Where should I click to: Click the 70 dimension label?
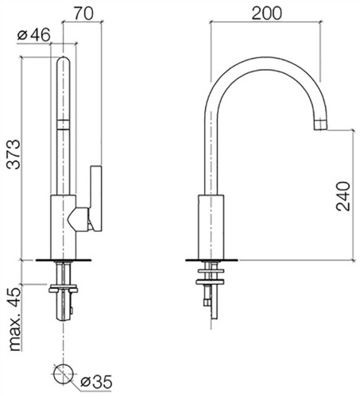click(83, 13)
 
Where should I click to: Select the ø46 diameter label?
click(33, 35)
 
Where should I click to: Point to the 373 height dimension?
click(14, 154)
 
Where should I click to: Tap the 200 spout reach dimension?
click(266, 13)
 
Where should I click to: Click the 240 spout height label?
click(343, 196)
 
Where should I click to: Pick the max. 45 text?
click(15, 319)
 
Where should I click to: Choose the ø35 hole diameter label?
click(96, 382)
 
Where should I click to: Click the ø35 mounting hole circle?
click(63, 373)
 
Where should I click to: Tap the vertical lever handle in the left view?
click(95, 198)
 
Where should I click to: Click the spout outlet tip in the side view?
click(320, 125)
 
